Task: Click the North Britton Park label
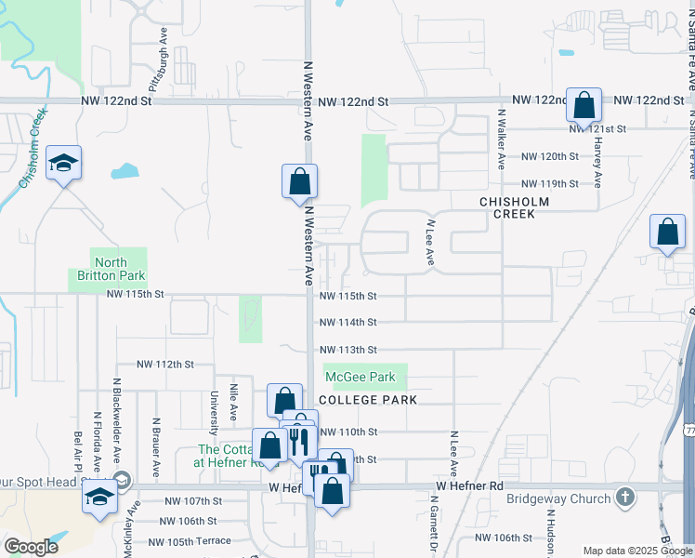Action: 110,269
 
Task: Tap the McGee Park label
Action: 360,377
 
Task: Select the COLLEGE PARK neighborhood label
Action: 366,399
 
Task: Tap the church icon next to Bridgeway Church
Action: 628,498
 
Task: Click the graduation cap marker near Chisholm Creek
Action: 63,163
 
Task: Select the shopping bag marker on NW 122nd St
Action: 584,106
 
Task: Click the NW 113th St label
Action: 347,350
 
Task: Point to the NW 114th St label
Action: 347,323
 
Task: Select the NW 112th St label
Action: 165,365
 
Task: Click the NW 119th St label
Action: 550,184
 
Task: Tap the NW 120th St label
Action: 550,157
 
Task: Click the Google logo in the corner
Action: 31,548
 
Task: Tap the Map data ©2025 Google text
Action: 638,551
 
